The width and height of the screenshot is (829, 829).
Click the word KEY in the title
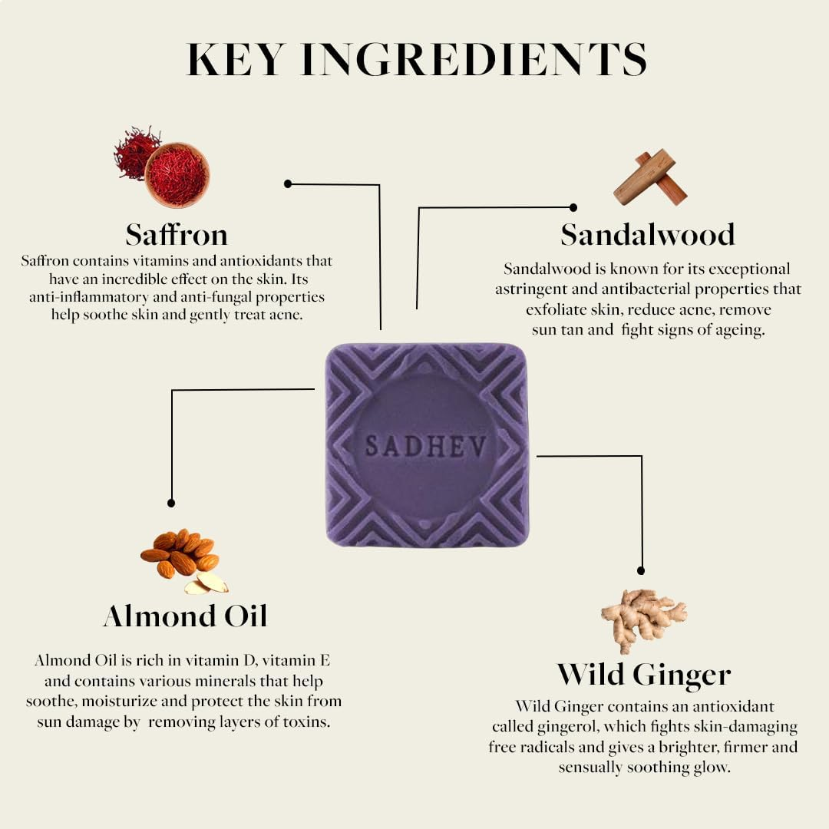point(236,60)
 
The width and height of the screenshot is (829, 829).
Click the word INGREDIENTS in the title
point(474,60)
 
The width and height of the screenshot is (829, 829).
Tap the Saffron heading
point(177,234)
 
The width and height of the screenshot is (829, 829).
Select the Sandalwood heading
point(648,234)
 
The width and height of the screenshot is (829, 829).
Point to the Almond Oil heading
point(186,616)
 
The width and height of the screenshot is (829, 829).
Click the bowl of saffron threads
point(177,174)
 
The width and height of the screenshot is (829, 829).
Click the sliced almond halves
point(206,583)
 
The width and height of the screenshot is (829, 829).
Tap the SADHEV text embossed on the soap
point(425,446)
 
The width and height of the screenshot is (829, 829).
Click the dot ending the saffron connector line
point(288,184)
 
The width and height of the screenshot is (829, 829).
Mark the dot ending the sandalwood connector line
point(573,208)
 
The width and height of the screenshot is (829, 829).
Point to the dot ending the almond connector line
point(170,504)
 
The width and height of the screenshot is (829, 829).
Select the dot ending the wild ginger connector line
point(641,571)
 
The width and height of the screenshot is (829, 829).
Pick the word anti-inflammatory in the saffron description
point(89,297)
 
